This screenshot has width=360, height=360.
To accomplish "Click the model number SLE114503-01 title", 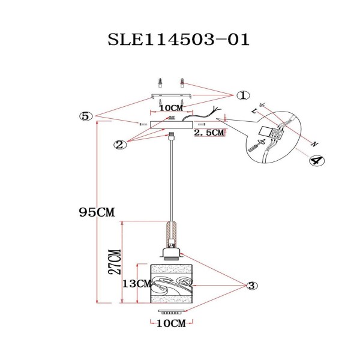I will point(177,40).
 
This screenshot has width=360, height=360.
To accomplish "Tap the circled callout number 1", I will point(242,95).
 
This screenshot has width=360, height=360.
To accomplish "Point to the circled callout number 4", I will point(314,160).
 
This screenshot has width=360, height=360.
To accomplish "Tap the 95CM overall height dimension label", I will point(97,212).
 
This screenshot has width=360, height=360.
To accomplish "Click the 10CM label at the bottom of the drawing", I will point(170,325).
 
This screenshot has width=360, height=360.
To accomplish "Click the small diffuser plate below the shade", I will point(170,313).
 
